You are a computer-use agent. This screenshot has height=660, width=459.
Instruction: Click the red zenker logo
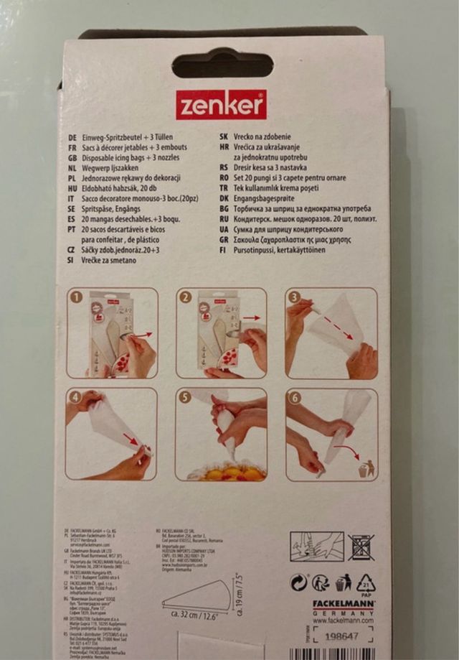coord(220,105)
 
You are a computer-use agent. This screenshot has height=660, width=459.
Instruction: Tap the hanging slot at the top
coord(222,64)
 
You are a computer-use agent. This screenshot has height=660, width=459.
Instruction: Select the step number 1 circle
coord(76,297)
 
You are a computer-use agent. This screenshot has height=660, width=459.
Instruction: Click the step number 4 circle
coord(75,396)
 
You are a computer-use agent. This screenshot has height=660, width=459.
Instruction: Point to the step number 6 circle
coord(294,396)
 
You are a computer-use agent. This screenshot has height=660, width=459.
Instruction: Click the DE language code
coord(72,134)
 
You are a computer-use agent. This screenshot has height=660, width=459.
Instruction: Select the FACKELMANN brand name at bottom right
coord(343,604)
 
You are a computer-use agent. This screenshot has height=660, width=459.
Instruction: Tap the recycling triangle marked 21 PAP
coord(366,582)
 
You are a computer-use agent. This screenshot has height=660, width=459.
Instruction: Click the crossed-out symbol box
coord(361,547)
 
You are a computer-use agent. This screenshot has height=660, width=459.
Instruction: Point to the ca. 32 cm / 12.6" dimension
coord(195,614)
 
